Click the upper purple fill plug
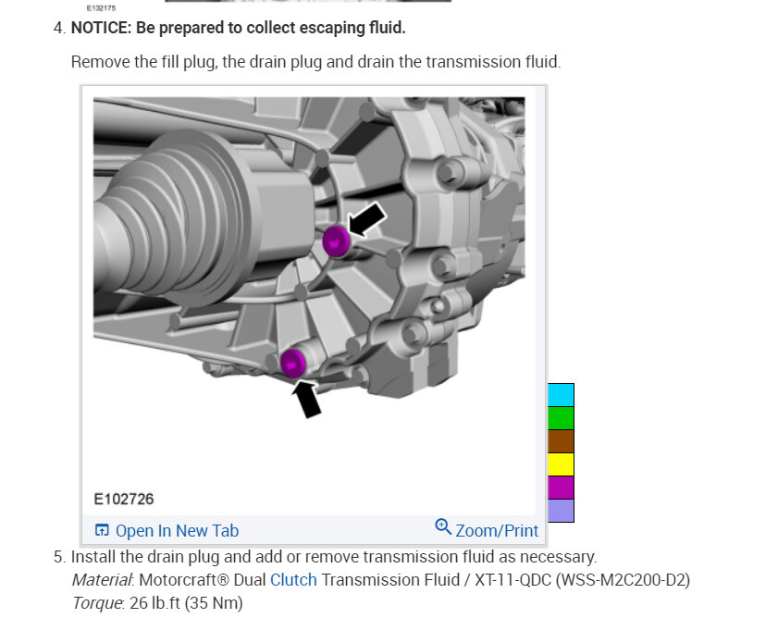click(x=337, y=241)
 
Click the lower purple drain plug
click(x=293, y=363)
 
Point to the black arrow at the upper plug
click(x=366, y=219)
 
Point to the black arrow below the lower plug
click(x=306, y=399)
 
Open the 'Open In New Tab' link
click(x=177, y=531)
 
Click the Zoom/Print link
click(x=497, y=531)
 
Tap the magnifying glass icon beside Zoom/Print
click(x=443, y=527)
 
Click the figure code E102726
click(x=124, y=499)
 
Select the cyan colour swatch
click(x=561, y=395)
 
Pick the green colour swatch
click(x=561, y=418)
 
